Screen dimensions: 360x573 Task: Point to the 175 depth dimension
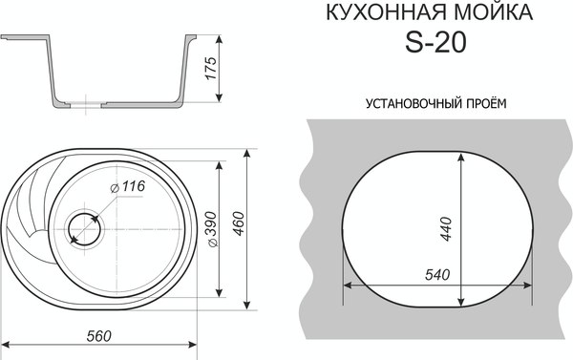pos(212,69)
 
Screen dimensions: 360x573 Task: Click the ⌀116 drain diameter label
pos(127,187)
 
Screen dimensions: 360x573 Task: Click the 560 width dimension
pos(99,335)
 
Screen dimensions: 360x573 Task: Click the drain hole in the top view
pos(84,229)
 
